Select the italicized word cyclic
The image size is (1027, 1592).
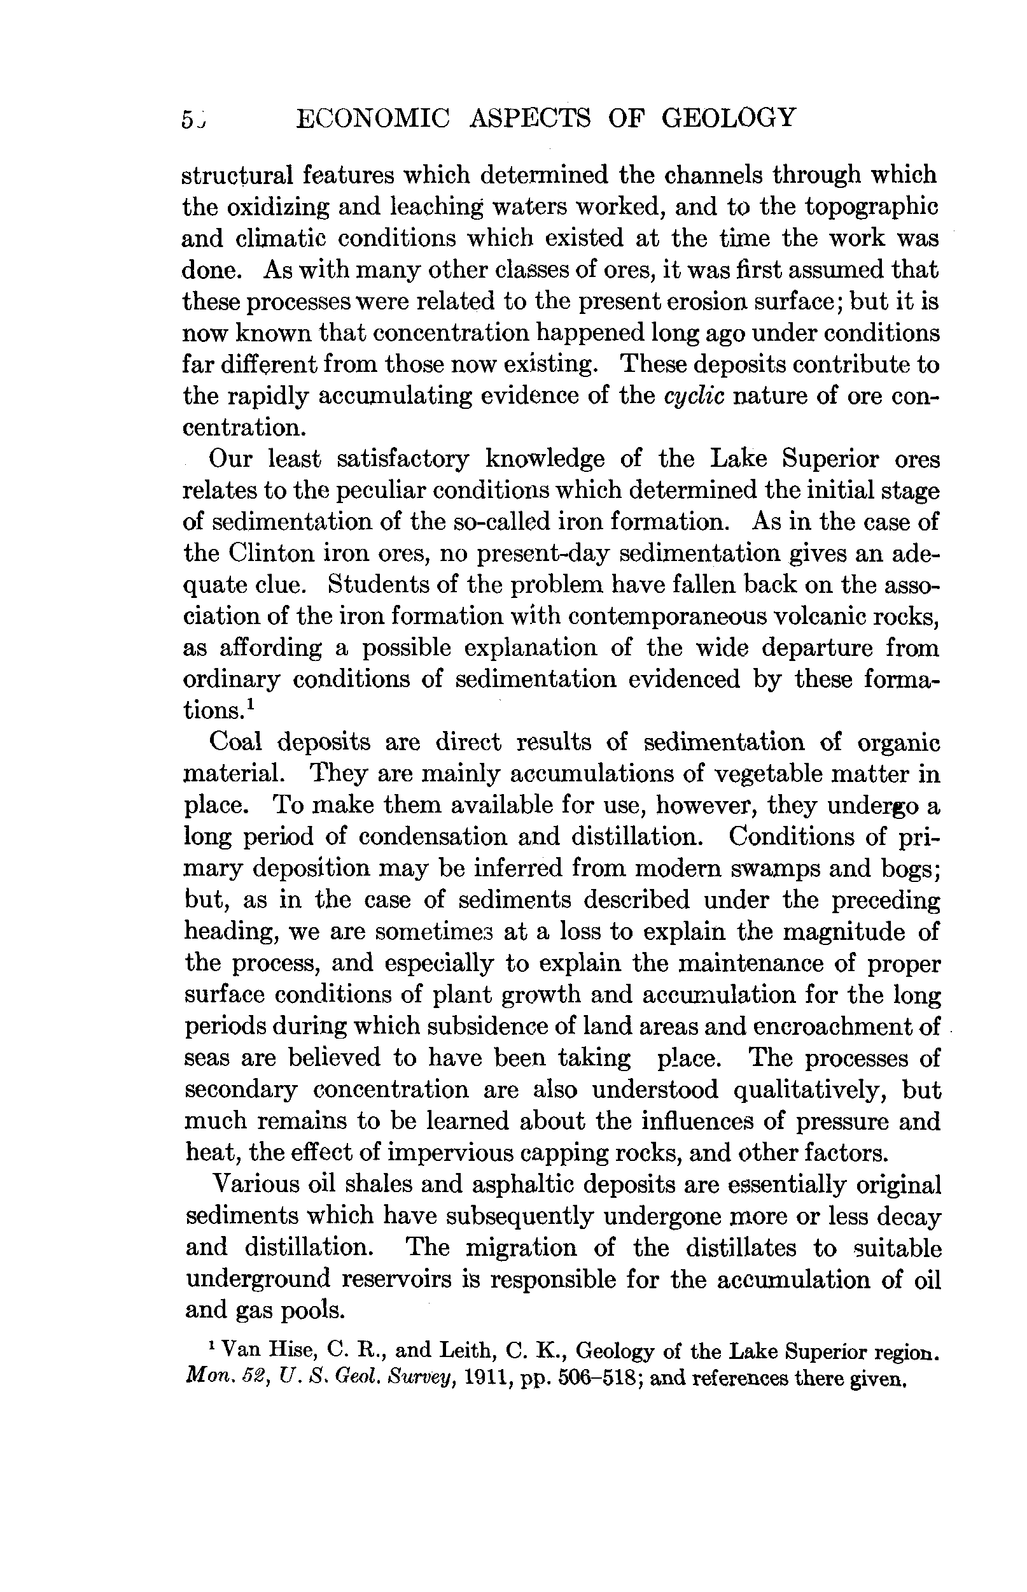(694, 396)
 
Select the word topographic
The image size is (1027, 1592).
(872, 207)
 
